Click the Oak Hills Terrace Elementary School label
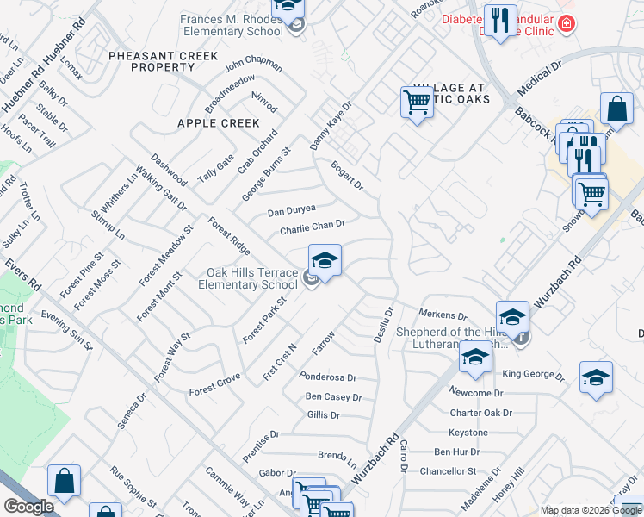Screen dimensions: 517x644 click(x=251, y=278)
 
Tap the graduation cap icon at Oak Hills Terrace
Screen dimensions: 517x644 click(x=325, y=258)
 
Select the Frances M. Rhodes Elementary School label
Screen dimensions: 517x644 click(x=232, y=25)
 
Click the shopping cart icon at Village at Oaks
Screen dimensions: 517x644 click(x=417, y=103)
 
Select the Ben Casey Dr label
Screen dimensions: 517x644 click(x=333, y=397)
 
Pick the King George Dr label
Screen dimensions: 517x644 click(x=533, y=375)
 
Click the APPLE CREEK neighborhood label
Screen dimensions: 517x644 click(x=218, y=123)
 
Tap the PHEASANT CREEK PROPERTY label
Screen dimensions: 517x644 click(x=152, y=61)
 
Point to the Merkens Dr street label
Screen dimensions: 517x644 click(x=443, y=315)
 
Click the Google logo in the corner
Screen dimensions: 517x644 click(x=28, y=507)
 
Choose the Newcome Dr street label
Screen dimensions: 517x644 click(x=476, y=393)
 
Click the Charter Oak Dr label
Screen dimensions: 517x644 click(x=480, y=413)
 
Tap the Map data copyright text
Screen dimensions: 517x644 click(x=591, y=510)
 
